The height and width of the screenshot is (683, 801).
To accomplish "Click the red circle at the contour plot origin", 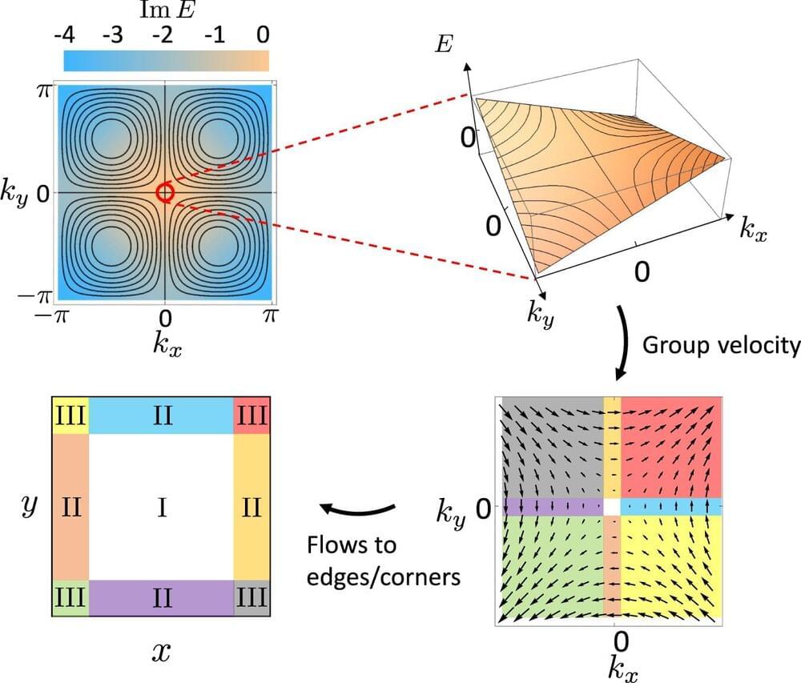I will pos(165,192).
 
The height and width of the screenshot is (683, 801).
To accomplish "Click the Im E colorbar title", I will pos(165,11).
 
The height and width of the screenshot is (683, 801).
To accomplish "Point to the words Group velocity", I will pos(721,345).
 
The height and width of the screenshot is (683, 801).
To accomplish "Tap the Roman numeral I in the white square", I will pos(162,507).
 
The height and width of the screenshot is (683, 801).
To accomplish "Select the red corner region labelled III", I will pos(252,416).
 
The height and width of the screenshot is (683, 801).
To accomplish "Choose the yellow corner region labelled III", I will pos(70,416).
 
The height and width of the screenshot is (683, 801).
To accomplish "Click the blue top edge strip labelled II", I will pos(162,416).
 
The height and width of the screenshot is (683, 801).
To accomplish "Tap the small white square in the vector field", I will pos(612,506).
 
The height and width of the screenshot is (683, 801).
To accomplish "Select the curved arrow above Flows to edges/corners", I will pos(356,508).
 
